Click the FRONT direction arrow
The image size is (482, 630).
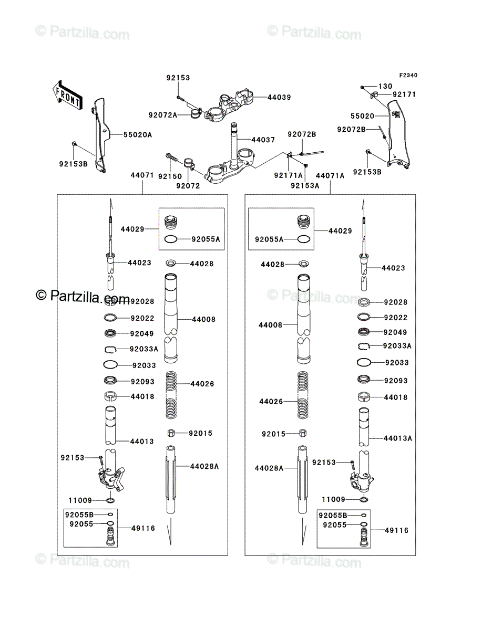pos(67,94)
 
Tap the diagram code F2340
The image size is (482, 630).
pos(408,75)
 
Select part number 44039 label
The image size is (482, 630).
pos(279,97)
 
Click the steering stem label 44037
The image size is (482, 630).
pos(263,140)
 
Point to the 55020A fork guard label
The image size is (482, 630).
pos(138,134)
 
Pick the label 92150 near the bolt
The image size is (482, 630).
pos(170,176)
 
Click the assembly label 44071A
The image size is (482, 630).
pos(330,175)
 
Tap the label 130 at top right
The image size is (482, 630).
pos(385,86)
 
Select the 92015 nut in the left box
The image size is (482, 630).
pos(171,433)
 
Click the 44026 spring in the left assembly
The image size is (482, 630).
pos(171,395)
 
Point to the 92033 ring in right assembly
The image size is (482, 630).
pos(364,362)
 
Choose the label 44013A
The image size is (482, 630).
pos(398,438)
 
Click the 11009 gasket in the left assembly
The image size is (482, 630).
pos(110,500)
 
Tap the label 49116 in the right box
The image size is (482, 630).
pos(396,530)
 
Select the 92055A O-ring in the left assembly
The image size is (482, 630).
pos(171,239)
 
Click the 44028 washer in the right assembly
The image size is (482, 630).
pos(304,264)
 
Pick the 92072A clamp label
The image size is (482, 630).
pos(163,115)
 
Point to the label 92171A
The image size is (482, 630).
pos(289,175)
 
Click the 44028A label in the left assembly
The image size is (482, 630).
pos(204,466)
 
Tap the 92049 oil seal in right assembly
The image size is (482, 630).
pos(364,332)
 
